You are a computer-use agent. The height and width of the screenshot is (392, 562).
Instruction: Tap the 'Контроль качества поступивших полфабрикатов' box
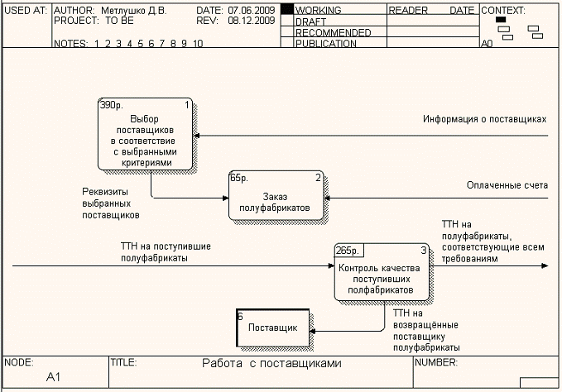[x=381, y=274]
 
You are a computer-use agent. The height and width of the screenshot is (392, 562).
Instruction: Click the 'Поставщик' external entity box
[x=272, y=328]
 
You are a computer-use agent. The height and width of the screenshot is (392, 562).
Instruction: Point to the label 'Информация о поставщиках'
[x=484, y=119]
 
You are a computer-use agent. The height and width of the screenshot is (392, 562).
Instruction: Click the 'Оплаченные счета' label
[x=507, y=185]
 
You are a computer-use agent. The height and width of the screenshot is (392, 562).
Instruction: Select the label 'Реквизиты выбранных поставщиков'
[x=110, y=203]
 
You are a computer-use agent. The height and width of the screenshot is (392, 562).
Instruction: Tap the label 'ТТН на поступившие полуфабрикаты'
[x=153, y=252]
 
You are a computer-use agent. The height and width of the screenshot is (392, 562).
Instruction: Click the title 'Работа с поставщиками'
[x=271, y=363]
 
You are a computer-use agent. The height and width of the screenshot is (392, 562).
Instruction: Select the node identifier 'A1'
[x=54, y=377]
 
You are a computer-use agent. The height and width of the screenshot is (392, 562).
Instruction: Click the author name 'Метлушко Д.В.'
[x=132, y=11]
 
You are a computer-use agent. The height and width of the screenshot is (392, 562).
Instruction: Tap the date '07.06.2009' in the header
[x=252, y=11]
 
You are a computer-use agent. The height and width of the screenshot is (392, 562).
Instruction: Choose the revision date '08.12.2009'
[x=252, y=21]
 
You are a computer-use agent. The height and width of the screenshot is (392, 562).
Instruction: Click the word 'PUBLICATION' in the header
[x=326, y=44]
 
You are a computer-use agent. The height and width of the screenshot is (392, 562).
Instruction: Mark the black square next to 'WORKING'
[x=287, y=10]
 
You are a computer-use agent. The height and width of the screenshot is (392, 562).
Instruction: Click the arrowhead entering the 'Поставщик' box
[x=314, y=331]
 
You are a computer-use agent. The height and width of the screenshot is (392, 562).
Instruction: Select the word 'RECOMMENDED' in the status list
[x=333, y=32]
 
